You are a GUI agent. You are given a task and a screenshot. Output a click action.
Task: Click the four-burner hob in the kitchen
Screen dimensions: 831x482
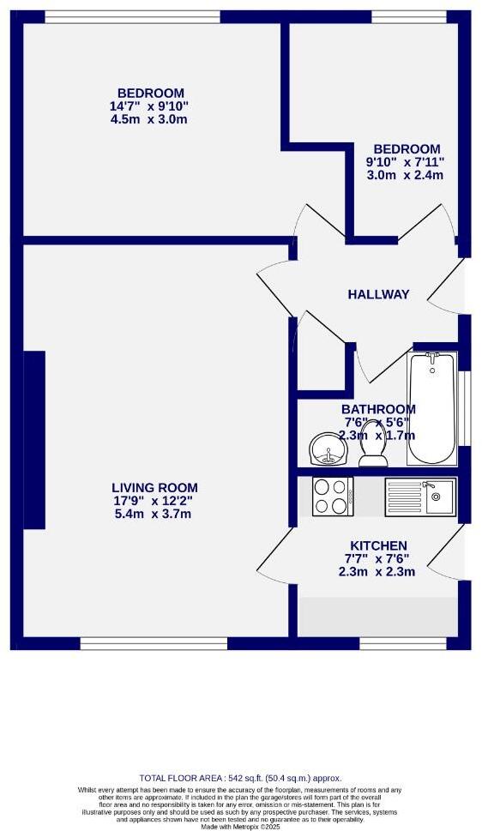point(333,496)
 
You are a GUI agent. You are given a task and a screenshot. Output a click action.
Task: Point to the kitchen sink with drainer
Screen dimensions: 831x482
point(420,497)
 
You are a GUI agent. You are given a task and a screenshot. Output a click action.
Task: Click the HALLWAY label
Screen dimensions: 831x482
point(378,294)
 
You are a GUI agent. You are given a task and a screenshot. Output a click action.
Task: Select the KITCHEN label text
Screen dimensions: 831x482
point(378,545)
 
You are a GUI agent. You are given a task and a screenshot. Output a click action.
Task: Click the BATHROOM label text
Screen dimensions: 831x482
point(378,409)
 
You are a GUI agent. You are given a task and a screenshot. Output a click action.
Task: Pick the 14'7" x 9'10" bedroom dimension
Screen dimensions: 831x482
point(151,106)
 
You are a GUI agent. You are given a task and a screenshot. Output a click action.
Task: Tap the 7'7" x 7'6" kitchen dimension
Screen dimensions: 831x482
point(378,559)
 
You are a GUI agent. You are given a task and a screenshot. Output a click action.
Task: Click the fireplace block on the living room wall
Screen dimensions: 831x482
point(34,439)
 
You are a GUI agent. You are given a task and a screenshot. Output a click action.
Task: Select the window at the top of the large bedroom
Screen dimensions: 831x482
point(132,16)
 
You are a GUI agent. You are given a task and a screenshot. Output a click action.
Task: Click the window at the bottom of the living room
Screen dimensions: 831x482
point(154,642)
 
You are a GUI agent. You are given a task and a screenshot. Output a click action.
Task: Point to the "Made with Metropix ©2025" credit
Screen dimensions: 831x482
point(240,826)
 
